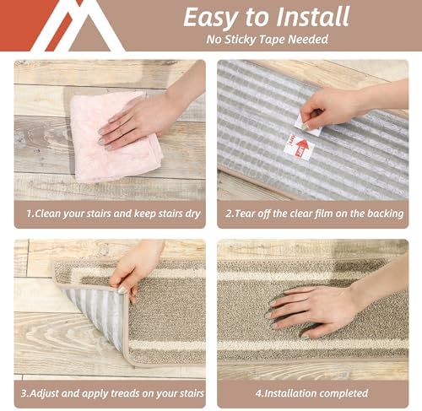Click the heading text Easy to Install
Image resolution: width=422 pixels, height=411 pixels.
(x=266, y=17)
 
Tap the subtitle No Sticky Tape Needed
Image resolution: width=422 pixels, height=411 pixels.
(x=266, y=39)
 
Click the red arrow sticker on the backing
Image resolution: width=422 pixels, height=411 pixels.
(x=300, y=149)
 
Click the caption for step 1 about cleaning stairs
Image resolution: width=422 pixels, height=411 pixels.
(x=109, y=214)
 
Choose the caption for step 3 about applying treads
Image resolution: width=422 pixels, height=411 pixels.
(x=109, y=392)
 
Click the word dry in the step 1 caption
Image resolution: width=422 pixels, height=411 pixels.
(x=192, y=214)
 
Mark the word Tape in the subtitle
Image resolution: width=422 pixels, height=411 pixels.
(x=277, y=39)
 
